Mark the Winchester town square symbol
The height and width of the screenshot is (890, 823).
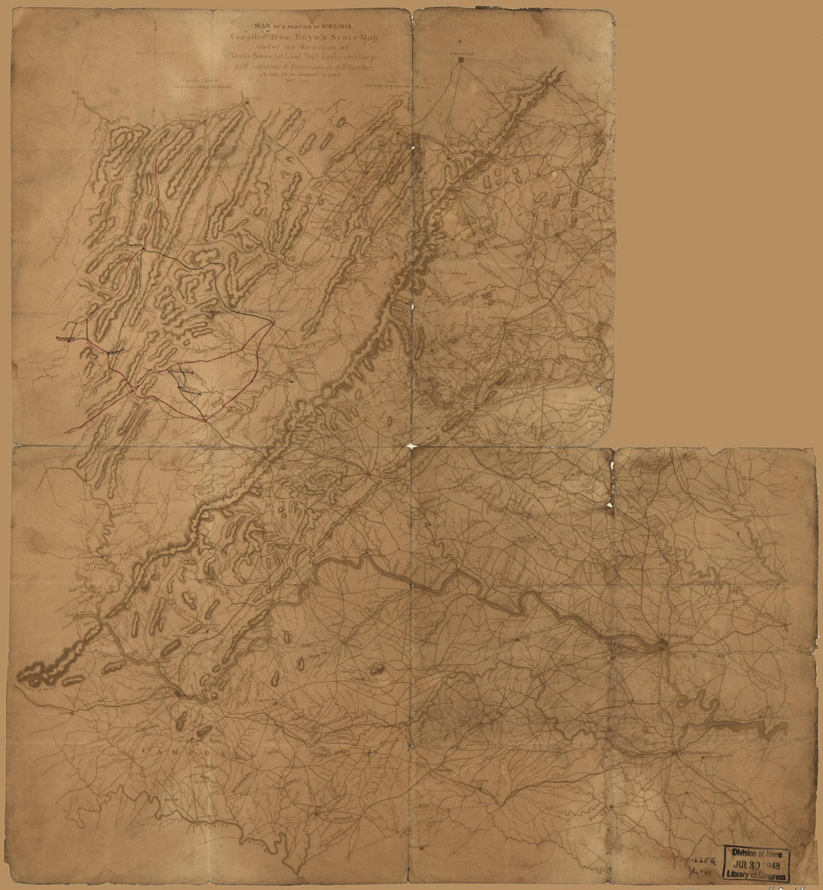coord(461,63)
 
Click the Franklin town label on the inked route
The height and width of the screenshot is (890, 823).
coord(135,245)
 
